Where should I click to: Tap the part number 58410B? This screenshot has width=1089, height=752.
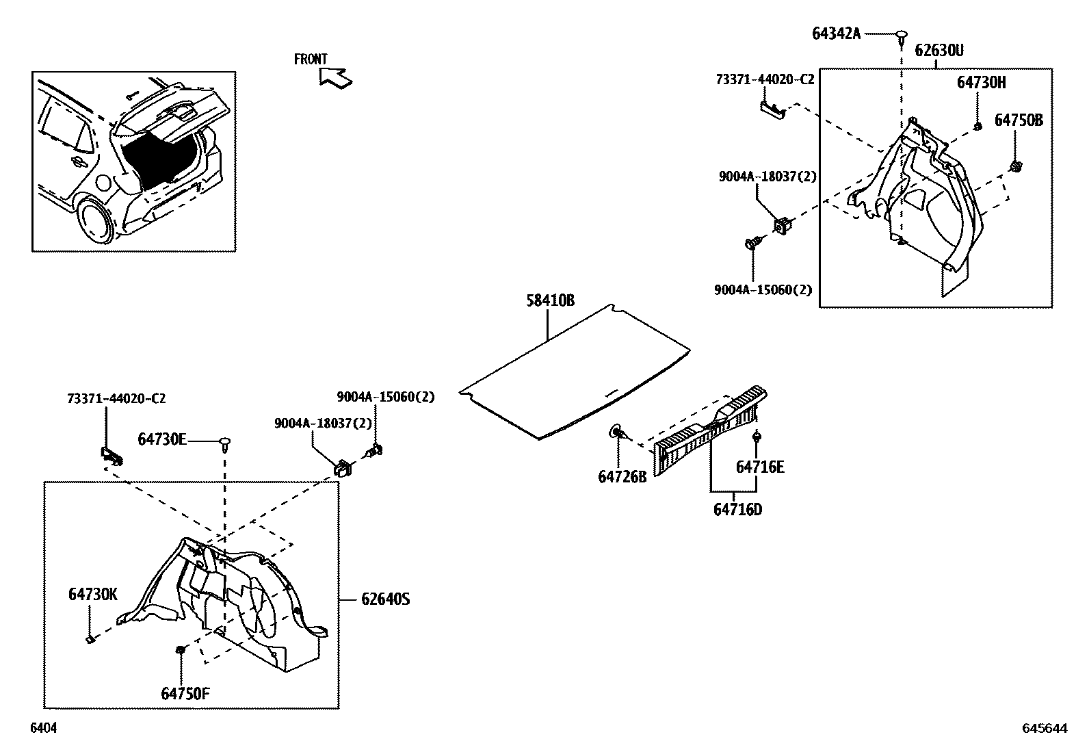(550, 300)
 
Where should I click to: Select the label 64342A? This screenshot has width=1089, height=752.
(836, 33)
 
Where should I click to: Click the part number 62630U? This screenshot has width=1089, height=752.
(939, 51)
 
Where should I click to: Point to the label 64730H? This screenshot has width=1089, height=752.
(981, 82)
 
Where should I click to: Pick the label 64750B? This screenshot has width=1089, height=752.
(1018, 120)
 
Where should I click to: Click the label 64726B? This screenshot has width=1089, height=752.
(622, 477)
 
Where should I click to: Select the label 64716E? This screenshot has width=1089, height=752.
(759, 467)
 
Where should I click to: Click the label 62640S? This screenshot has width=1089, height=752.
(385, 599)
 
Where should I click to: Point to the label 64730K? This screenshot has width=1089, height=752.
(92, 595)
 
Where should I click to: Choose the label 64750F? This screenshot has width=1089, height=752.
(185, 693)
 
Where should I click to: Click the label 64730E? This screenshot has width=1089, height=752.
(161, 439)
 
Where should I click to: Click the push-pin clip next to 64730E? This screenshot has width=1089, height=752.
(224, 443)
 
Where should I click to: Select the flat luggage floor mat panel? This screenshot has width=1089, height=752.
(575, 373)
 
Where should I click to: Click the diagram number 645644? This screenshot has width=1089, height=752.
(1045, 729)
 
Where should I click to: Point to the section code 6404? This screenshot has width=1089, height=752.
(43, 729)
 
